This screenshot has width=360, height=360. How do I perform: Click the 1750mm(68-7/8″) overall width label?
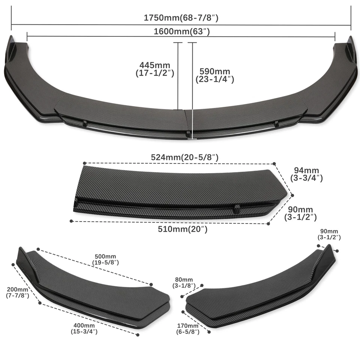click(x=181, y=17)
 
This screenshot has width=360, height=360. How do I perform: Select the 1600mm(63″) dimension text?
click(x=181, y=31)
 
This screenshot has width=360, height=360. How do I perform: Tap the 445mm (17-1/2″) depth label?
click(x=154, y=69)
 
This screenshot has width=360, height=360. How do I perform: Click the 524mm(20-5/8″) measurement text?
click(x=184, y=157)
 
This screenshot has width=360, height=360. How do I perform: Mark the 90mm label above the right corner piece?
click(x=329, y=234)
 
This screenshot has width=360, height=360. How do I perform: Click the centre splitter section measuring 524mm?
click(x=176, y=191)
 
